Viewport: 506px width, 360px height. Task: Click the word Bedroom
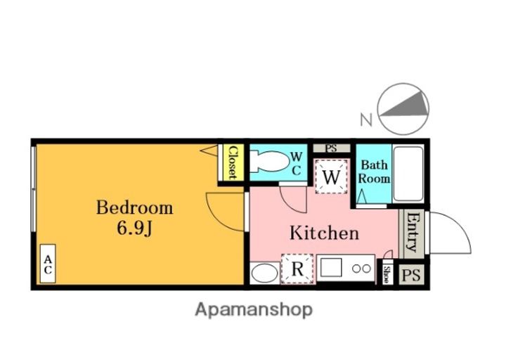[134, 207]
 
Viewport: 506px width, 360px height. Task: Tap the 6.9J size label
[134, 229]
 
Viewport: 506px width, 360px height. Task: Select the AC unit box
[48, 264]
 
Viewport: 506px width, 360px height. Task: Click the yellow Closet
[231, 162]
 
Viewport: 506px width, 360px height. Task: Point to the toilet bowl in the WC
[270, 162]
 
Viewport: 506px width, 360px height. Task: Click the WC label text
[297, 164]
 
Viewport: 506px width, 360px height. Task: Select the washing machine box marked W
[332, 176]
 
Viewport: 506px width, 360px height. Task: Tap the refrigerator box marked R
[297, 269]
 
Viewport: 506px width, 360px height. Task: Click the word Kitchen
[324, 233]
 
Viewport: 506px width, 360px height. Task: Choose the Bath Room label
[374, 172]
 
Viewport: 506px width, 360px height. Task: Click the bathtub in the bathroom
[408, 174]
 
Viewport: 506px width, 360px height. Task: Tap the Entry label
[411, 231]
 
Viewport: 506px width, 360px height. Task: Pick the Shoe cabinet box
[386, 275]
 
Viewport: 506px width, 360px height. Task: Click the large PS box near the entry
[411, 275]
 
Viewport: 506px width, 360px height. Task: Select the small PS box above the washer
[332, 148]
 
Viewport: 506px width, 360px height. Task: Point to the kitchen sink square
[331, 268]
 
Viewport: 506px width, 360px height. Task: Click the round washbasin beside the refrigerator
[264, 273]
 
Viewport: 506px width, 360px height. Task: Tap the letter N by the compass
[366, 120]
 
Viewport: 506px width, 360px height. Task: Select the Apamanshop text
[254, 310]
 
